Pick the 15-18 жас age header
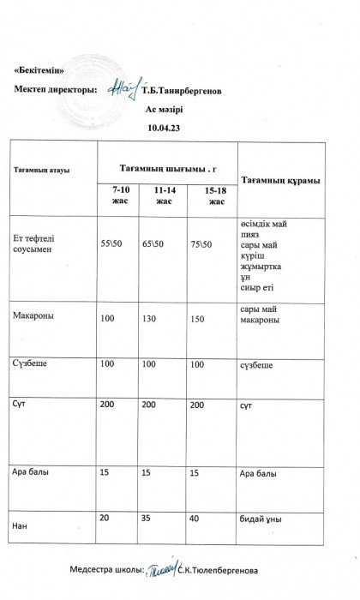[x=217, y=195]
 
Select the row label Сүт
[x=20, y=403]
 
